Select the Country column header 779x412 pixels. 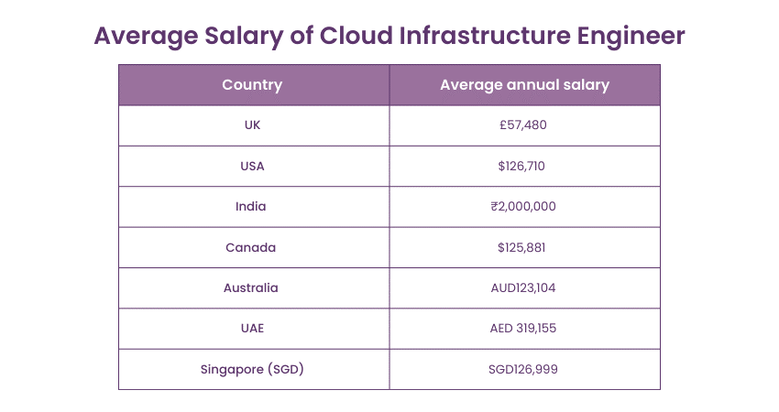252,85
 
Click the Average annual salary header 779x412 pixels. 524,85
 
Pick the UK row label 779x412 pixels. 252,125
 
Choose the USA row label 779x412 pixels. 252,166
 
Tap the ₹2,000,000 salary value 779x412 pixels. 523,207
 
